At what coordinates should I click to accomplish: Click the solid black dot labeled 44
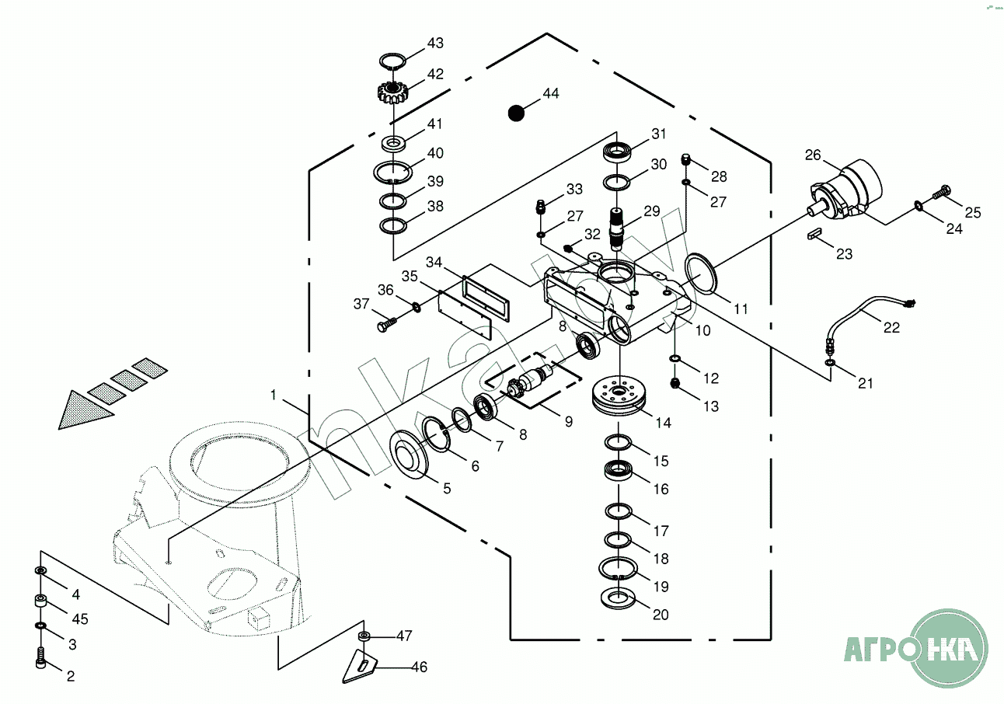(516, 113)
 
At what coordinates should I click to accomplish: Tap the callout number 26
(813, 155)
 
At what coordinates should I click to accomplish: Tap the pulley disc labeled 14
(619, 396)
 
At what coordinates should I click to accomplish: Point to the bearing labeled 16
(618, 471)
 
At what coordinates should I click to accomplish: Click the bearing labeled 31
(617, 153)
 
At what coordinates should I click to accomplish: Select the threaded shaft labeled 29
(616, 229)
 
